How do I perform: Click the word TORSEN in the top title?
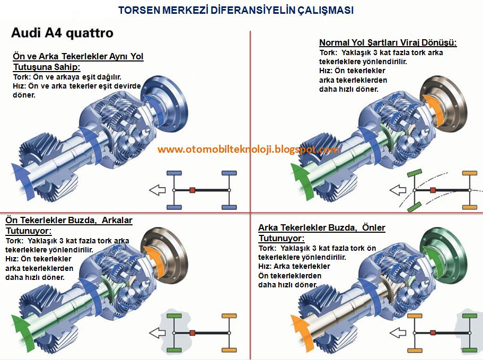[x=138, y=10]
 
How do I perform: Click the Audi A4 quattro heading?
[x=62, y=33]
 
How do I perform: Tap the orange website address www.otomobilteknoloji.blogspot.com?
[x=248, y=150]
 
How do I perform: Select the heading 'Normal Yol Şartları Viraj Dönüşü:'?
[x=388, y=43]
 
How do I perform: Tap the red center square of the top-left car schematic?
[x=192, y=190]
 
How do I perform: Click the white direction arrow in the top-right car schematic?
[x=397, y=190]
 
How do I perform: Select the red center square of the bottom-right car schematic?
[x=433, y=332]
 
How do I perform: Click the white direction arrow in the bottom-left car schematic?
[x=157, y=333]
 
